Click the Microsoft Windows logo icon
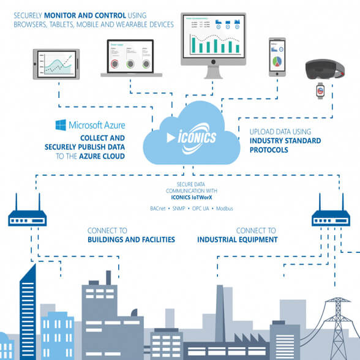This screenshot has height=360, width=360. point(61,125)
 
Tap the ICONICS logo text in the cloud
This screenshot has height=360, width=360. point(197,137)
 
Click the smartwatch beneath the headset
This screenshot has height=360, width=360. point(320,91)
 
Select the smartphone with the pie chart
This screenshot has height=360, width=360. point(277,57)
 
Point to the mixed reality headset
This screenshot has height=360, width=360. point(325,69)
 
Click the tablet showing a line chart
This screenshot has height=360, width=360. point(56,64)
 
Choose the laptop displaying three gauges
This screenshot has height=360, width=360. point(131,58)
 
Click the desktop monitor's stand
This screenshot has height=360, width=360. point(213,72)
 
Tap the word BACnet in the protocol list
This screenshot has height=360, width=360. point(158,208)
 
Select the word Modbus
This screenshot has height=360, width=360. point(225,208)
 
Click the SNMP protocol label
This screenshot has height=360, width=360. point(179,208)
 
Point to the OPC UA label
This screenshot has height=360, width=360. point(201,208)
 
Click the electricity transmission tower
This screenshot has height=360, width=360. point(338,329)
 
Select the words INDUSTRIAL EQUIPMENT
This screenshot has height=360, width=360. point(238,240)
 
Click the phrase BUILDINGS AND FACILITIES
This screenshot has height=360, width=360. point(131,240)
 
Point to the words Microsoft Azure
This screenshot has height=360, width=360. point(97,125)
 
